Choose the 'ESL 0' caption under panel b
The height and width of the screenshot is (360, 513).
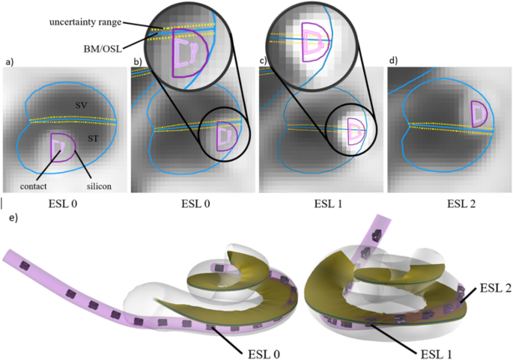[193, 201]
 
